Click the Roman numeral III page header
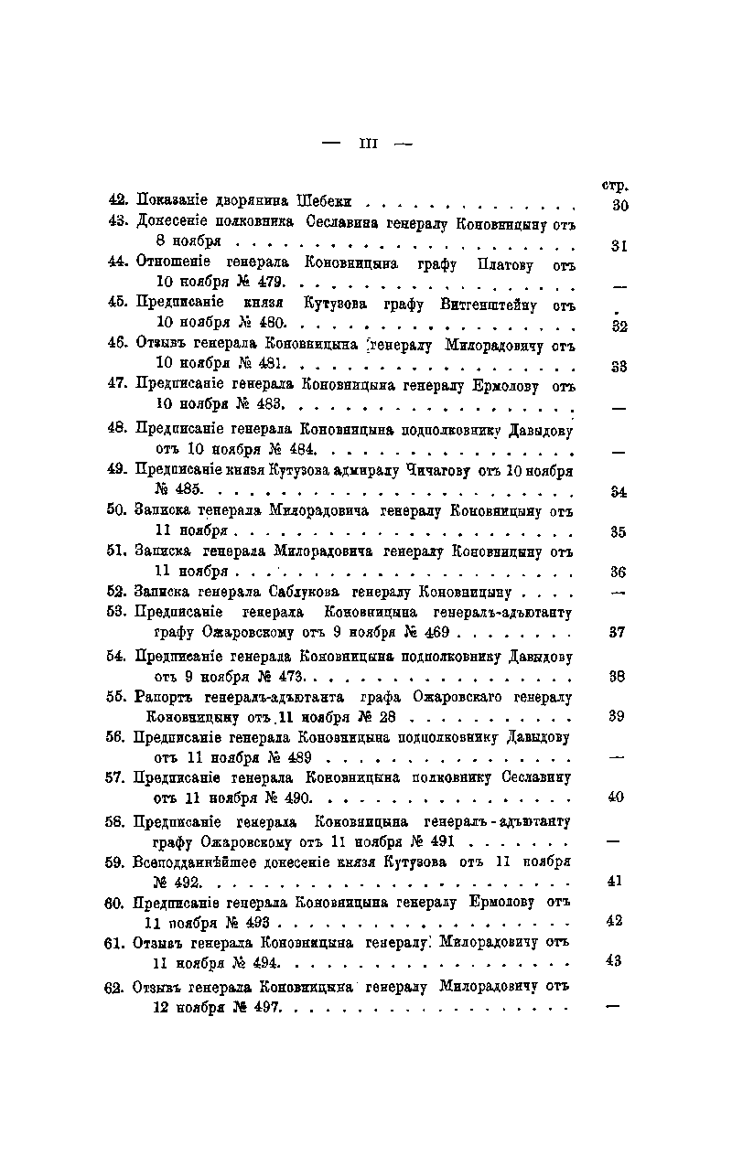[369, 143]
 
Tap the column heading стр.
[618, 185]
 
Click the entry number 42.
[118, 200]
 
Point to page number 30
[619, 206]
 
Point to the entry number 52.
[117, 591]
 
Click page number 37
[617, 632]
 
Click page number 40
[616, 797]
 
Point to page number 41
[615, 881]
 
